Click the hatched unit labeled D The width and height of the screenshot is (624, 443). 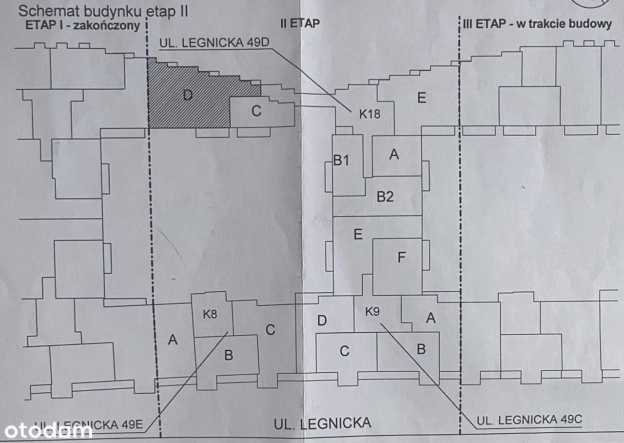coord(188,95)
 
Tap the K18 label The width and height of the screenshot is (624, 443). coord(370,115)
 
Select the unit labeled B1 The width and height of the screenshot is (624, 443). coord(341,160)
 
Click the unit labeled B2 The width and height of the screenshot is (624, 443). coord(385,197)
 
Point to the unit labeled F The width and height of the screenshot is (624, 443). coord(401,257)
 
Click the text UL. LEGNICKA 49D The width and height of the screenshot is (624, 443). coord(214,42)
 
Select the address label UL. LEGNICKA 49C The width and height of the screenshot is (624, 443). coord(529,420)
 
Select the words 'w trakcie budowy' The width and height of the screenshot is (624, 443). coord(563,24)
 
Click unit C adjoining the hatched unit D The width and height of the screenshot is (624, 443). coord(256,111)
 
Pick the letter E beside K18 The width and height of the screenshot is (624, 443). coord(422,98)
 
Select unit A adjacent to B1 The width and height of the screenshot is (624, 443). coord(394,155)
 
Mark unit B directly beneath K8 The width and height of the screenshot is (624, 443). coord(228,355)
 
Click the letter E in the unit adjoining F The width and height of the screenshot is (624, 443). coord(358,234)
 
